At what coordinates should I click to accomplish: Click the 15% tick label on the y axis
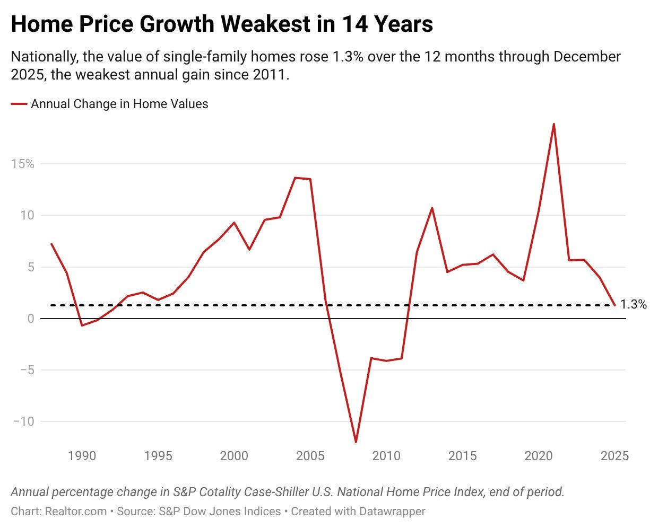23,164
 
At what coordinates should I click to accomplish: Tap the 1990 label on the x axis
82,456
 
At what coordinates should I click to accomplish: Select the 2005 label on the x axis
310,456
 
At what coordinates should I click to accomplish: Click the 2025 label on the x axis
614,456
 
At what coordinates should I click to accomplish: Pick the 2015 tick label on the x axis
463,456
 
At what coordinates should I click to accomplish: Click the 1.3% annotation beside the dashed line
634,305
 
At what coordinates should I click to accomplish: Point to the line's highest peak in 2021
554,125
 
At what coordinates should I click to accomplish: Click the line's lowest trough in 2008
356,442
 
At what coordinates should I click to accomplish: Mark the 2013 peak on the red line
432,208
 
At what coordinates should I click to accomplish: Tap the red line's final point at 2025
614,305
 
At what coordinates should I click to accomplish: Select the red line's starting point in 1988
51,244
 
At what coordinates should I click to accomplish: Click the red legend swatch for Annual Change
19,104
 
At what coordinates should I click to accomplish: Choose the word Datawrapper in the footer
392,512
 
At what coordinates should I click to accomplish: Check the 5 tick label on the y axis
30,267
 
